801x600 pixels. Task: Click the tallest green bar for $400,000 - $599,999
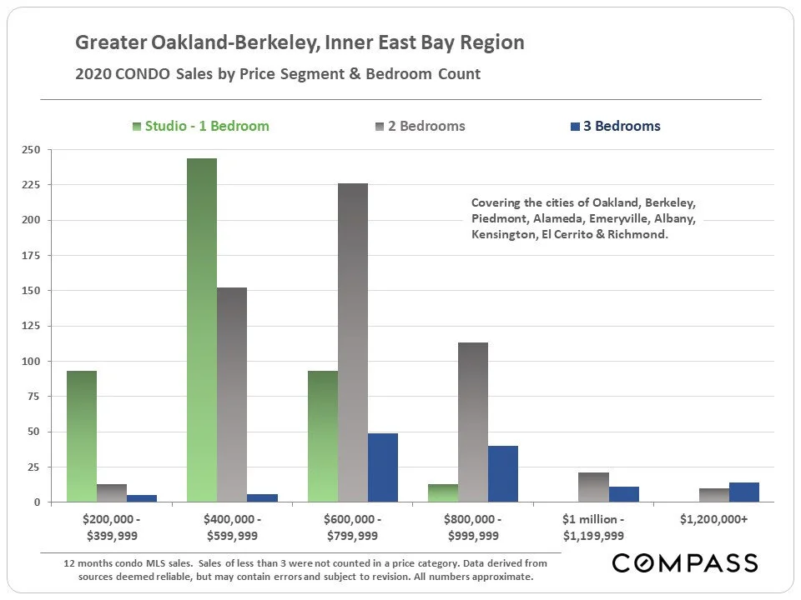pyautogui.click(x=202, y=330)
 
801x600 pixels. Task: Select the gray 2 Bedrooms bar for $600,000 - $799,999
pyautogui.click(x=352, y=342)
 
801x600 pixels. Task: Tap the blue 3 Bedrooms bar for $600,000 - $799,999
pyautogui.click(x=382, y=467)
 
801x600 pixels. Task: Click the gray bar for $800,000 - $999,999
pyautogui.click(x=472, y=422)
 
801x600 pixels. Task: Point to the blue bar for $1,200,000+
pyautogui.click(x=743, y=492)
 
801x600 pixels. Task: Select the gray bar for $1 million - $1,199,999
pyautogui.click(x=593, y=487)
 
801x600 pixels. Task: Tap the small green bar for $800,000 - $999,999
pyautogui.click(x=442, y=493)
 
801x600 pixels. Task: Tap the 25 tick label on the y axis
pyautogui.click(x=33, y=467)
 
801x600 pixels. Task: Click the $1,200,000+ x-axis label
pyautogui.click(x=713, y=520)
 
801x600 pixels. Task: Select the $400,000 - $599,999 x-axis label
pyautogui.click(x=232, y=527)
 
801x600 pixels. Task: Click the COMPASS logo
pyautogui.click(x=684, y=563)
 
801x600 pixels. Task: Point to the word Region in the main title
pyautogui.click(x=496, y=42)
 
